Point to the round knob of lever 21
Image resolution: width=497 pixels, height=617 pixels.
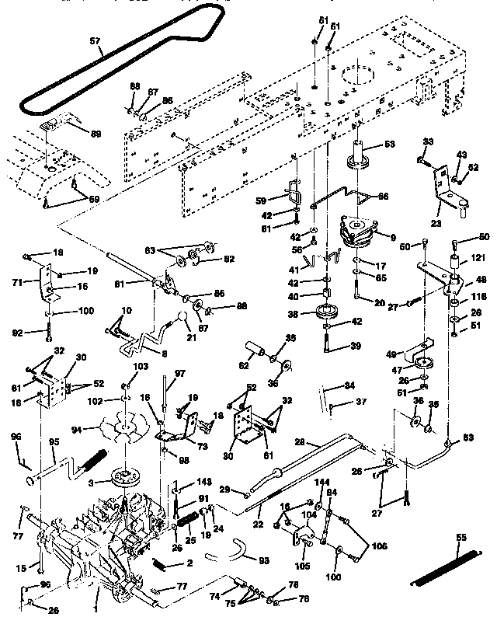(x=184, y=320)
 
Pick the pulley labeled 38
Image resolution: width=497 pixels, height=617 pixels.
(x=323, y=315)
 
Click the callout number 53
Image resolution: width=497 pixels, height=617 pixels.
(x=389, y=143)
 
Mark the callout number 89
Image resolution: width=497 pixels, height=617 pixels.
(x=96, y=134)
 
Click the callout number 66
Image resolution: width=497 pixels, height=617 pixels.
(x=382, y=197)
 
